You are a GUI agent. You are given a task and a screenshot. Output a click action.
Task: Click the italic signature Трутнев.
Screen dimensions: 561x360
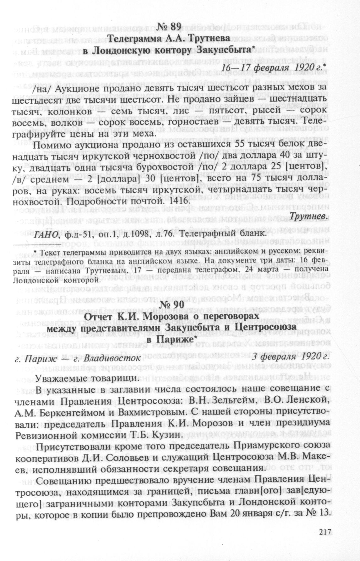click(x=308, y=216)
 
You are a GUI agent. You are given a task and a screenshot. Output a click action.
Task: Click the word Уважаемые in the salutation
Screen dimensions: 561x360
click(x=60, y=378)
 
